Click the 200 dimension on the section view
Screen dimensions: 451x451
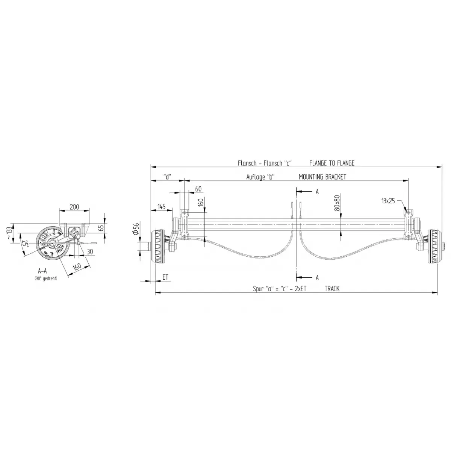coord(74,207)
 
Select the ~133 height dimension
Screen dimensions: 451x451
coord(9,233)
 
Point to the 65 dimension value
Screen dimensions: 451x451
coord(102,227)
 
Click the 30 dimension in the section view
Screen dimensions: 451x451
coord(90,251)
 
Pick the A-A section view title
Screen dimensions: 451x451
coord(42,271)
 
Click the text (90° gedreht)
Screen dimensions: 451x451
coord(45,278)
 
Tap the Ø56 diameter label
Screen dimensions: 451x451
coord(136,229)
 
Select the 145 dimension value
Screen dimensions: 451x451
coord(162,207)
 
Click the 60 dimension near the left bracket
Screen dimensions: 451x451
coord(198,189)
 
